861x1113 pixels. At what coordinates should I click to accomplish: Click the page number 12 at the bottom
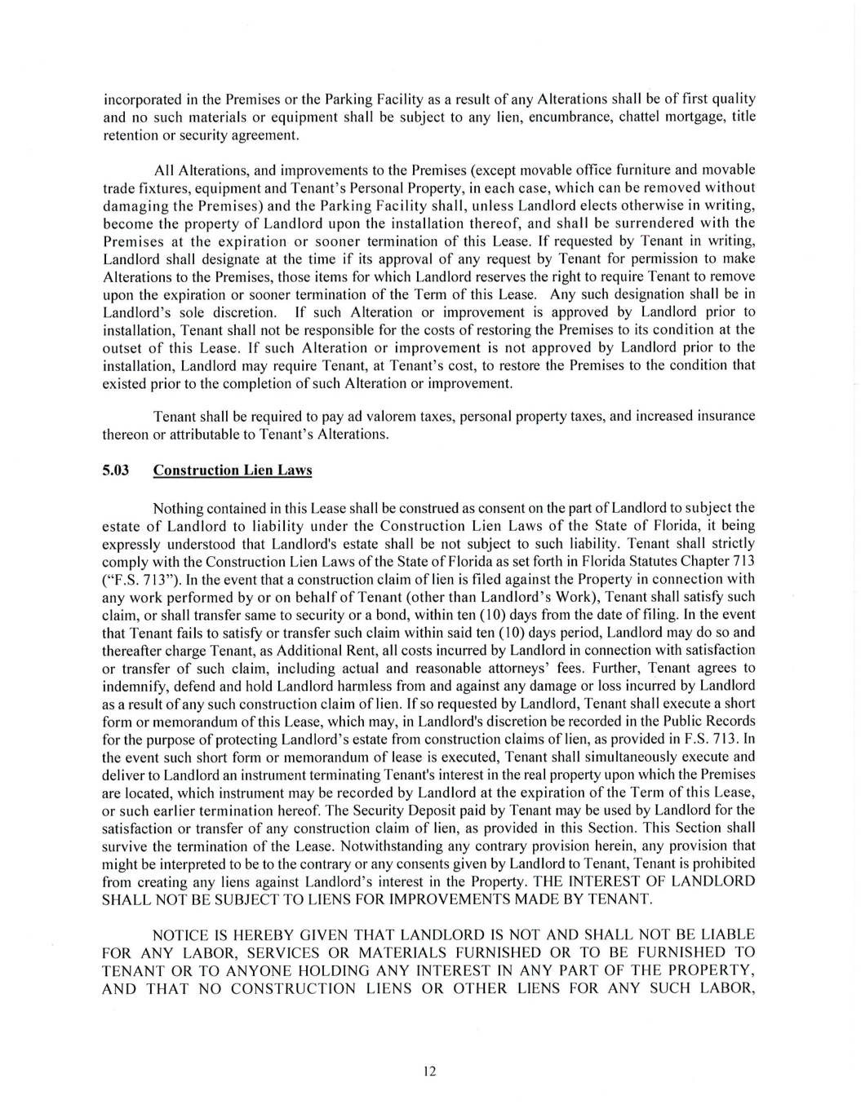pyautogui.click(x=430, y=1071)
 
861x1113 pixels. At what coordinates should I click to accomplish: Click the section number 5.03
pyautogui.click(x=116, y=470)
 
